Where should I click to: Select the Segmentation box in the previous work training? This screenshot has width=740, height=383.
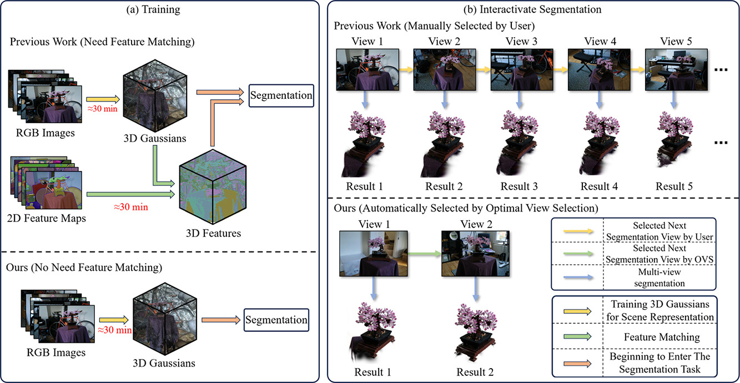coord(281,95)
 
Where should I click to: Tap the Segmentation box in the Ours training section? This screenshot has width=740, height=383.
coord(275,320)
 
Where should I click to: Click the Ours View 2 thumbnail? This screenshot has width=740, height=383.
coord(475,254)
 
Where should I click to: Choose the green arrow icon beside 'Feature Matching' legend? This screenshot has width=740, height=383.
coord(577,336)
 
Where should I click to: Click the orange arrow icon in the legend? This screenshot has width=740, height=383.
coord(577,361)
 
